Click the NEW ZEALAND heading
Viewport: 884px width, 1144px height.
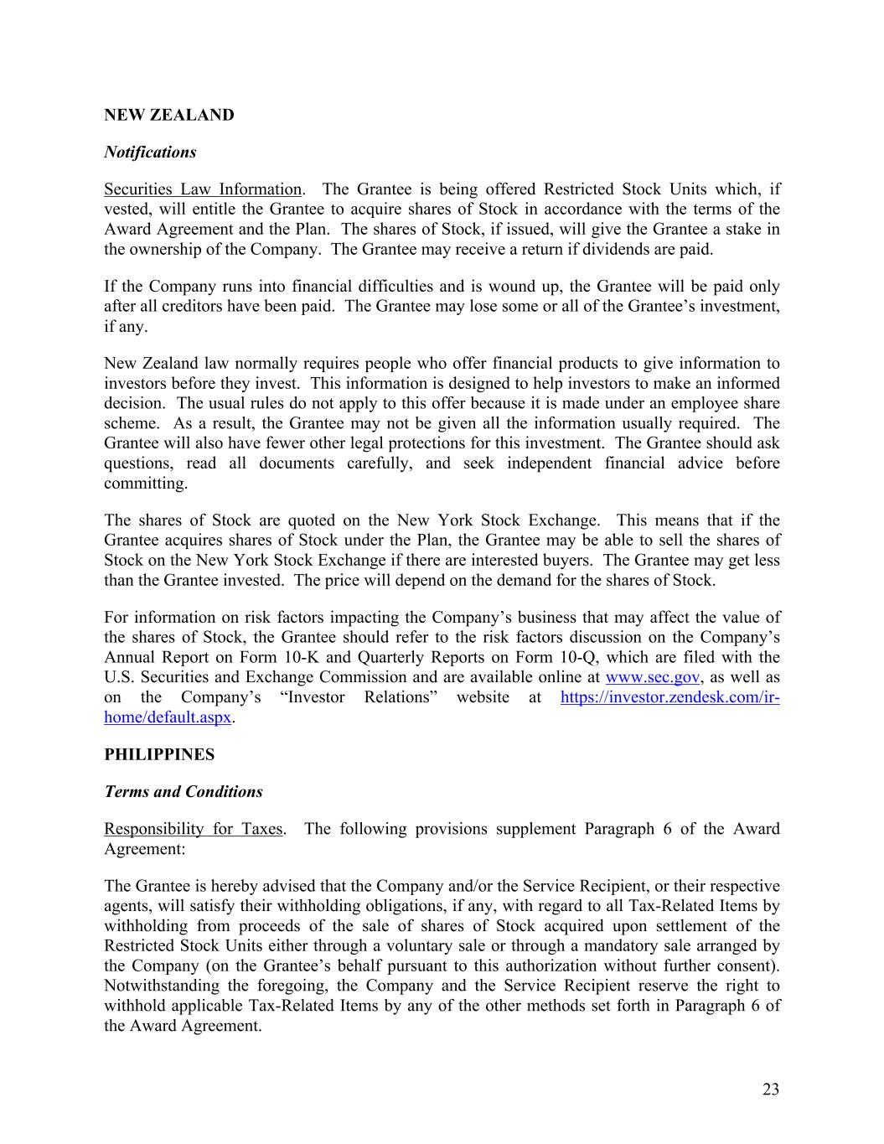(x=168, y=115)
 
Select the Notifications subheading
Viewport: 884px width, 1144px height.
(x=150, y=152)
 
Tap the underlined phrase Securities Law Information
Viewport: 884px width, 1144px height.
(x=202, y=189)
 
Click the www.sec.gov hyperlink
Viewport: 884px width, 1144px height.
(x=652, y=677)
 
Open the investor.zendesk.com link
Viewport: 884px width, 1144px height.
(x=669, y=697)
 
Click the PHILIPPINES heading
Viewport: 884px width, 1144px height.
(x=159, y=754)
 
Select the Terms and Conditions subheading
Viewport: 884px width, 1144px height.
(x=184, y=791)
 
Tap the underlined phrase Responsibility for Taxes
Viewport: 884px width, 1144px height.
(x=193, y=829)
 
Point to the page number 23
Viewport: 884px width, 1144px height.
(x=771, y=1090)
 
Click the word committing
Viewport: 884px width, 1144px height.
(x=145, y=484)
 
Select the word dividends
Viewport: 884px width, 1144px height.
(x=626, y=249)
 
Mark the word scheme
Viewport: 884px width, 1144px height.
(x=131, y=423)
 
